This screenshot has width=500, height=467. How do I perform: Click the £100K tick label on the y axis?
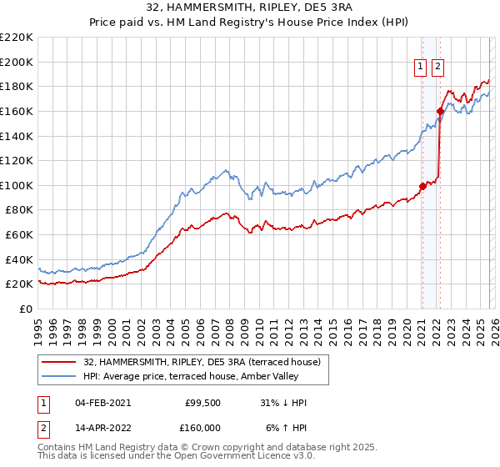coord(17,185)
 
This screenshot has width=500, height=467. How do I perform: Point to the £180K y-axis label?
coord(17,86)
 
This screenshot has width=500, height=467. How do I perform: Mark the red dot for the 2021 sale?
coord(422,186)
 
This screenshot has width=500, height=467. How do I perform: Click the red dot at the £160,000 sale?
coord(440,111)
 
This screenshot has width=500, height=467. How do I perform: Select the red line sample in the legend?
coord(58,362)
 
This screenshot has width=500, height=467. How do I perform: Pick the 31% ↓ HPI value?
coord(283,403)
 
